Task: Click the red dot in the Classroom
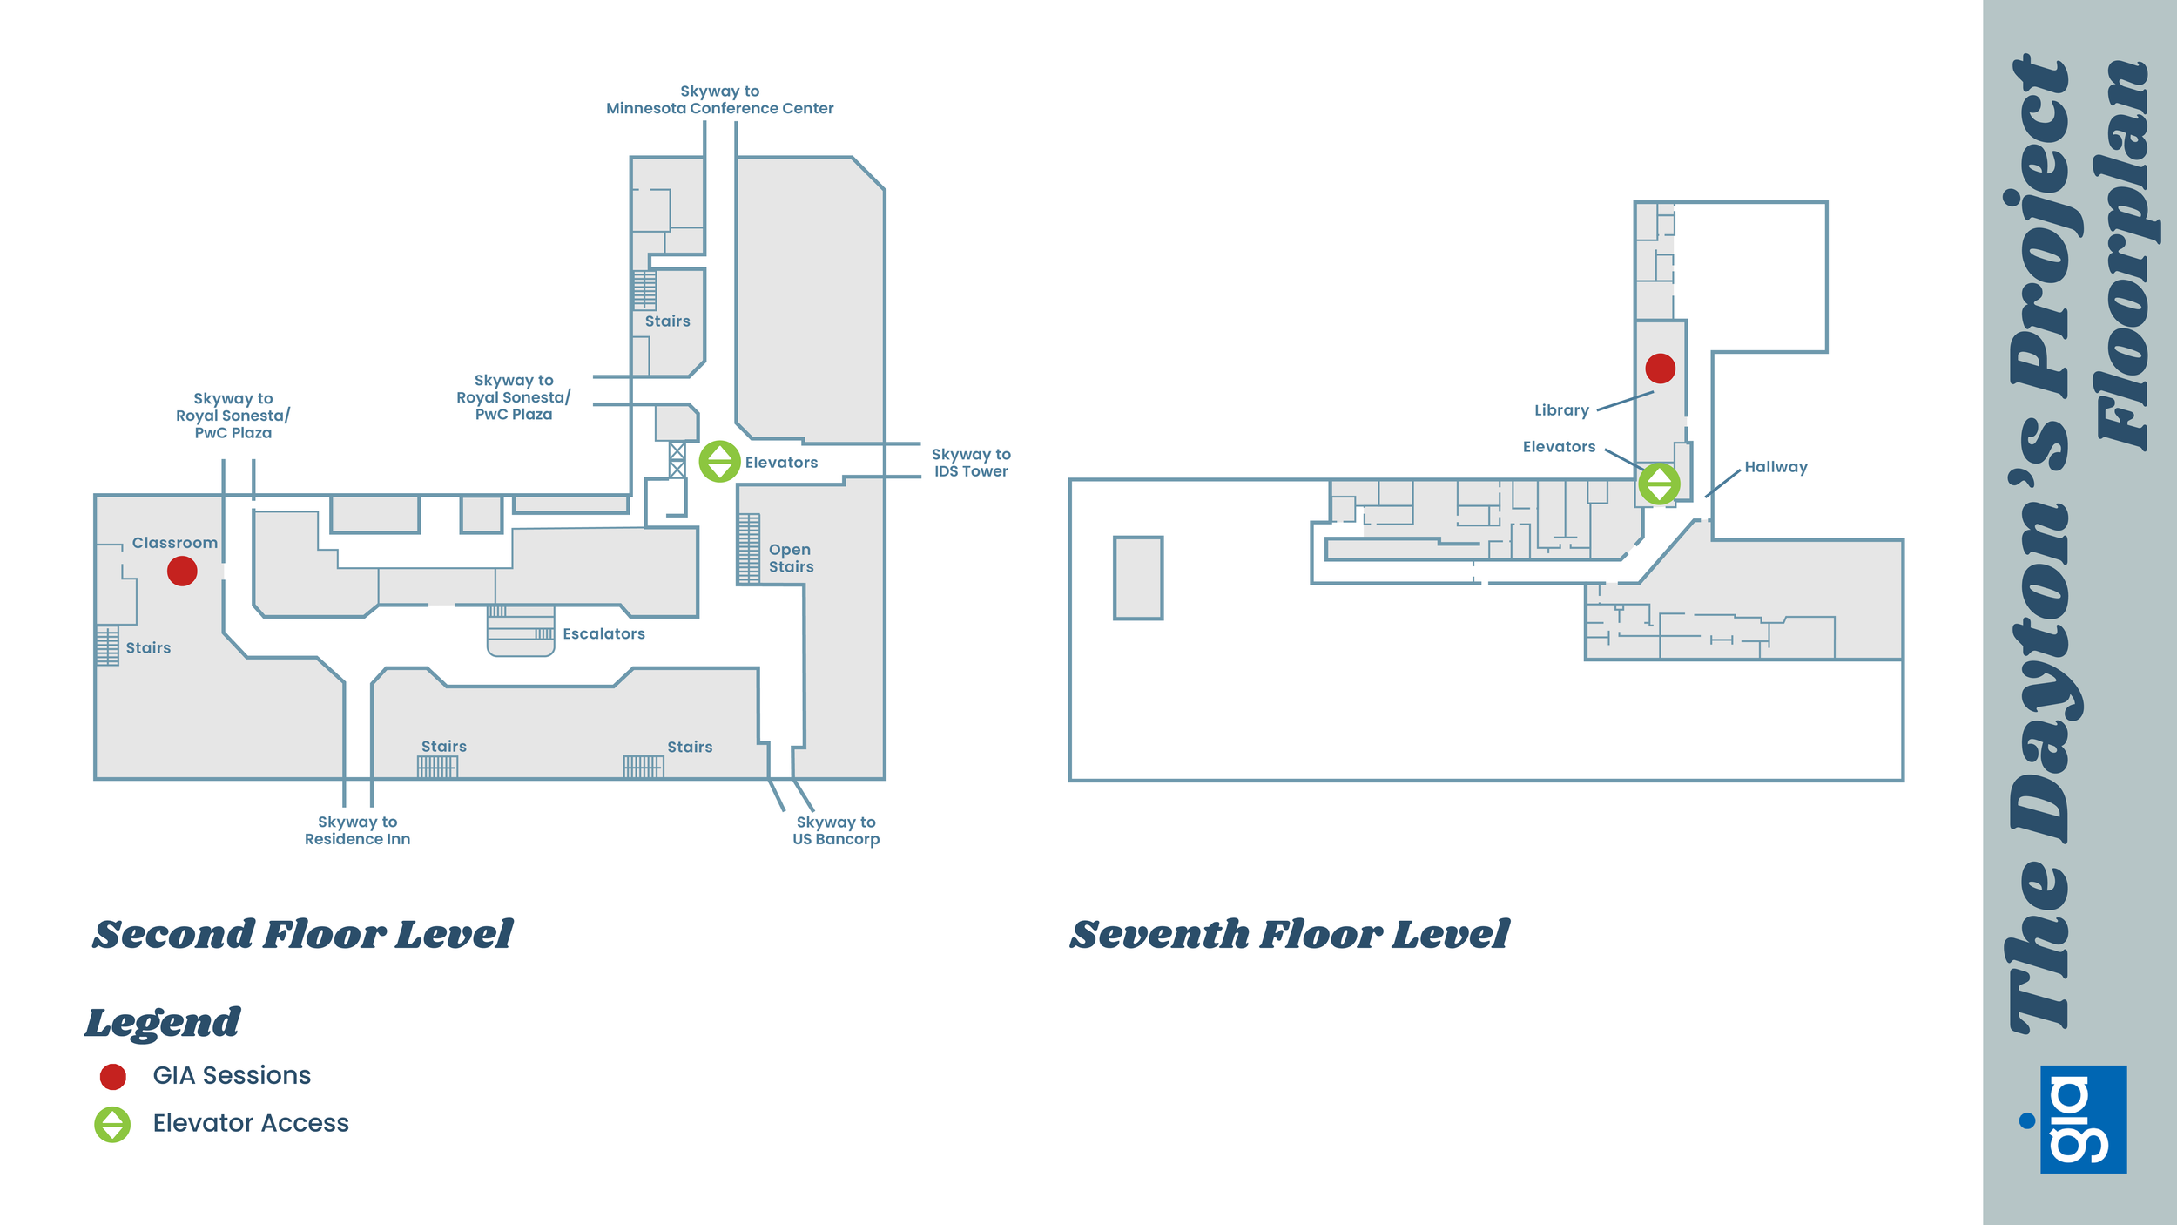coord(182,572)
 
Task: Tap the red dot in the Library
coord(1660,369)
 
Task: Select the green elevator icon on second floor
coord(719,462)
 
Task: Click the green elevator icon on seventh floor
coord(1659,484)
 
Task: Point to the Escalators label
coord(603,634)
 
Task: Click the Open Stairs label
coord(791,558)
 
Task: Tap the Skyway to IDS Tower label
coord(971,463)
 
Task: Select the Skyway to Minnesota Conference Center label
coord(719,100)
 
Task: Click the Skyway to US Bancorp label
coord(836,830)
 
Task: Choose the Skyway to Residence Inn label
coord(357,830)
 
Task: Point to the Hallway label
coord(1776,467)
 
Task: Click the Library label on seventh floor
coord(1561,410)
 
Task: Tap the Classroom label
coord(174,543)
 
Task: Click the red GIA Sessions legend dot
coord(113,1077)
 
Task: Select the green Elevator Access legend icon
coord(112,1124)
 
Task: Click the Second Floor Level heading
coord(302,934)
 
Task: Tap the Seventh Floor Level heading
coord(1289,934)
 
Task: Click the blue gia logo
coord(2083,1120)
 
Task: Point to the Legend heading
coord(162,1023)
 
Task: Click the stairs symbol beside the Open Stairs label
coord(749,549)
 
